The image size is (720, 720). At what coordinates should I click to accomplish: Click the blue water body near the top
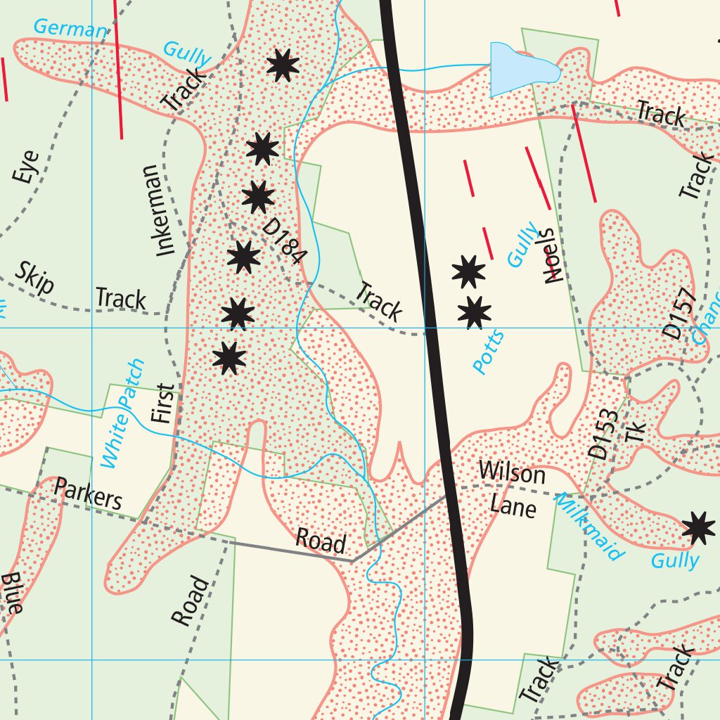[x=520, y=68]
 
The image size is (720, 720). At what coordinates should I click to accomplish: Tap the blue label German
[x=70, y=29]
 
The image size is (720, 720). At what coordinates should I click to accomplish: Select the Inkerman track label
[x=157, y=210]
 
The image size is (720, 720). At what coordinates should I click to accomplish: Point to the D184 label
[x=283, y=240]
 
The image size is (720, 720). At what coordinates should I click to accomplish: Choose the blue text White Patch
[x=122, y=413]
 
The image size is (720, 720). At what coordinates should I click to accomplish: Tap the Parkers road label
[x=89, y=494]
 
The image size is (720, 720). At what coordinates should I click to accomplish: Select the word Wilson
[x=512, y=472]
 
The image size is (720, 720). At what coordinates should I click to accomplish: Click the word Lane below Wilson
[x=513, y=506]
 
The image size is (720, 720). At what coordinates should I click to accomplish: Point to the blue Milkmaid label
[x=589, y=526]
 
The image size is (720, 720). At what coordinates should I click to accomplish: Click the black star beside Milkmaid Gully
[x=698, y=528]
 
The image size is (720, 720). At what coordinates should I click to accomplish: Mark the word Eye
[x=26, y=167]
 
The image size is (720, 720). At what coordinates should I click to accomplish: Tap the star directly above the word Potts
[x=475, y=312]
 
